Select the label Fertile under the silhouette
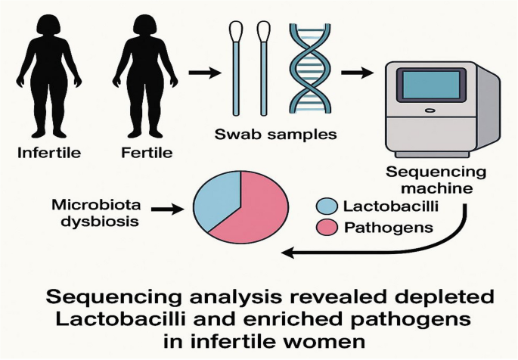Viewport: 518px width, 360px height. (x=147, y=154)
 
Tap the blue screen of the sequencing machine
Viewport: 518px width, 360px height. (x=432, y=84)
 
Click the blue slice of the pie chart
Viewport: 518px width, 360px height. (x=216, y=200)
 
